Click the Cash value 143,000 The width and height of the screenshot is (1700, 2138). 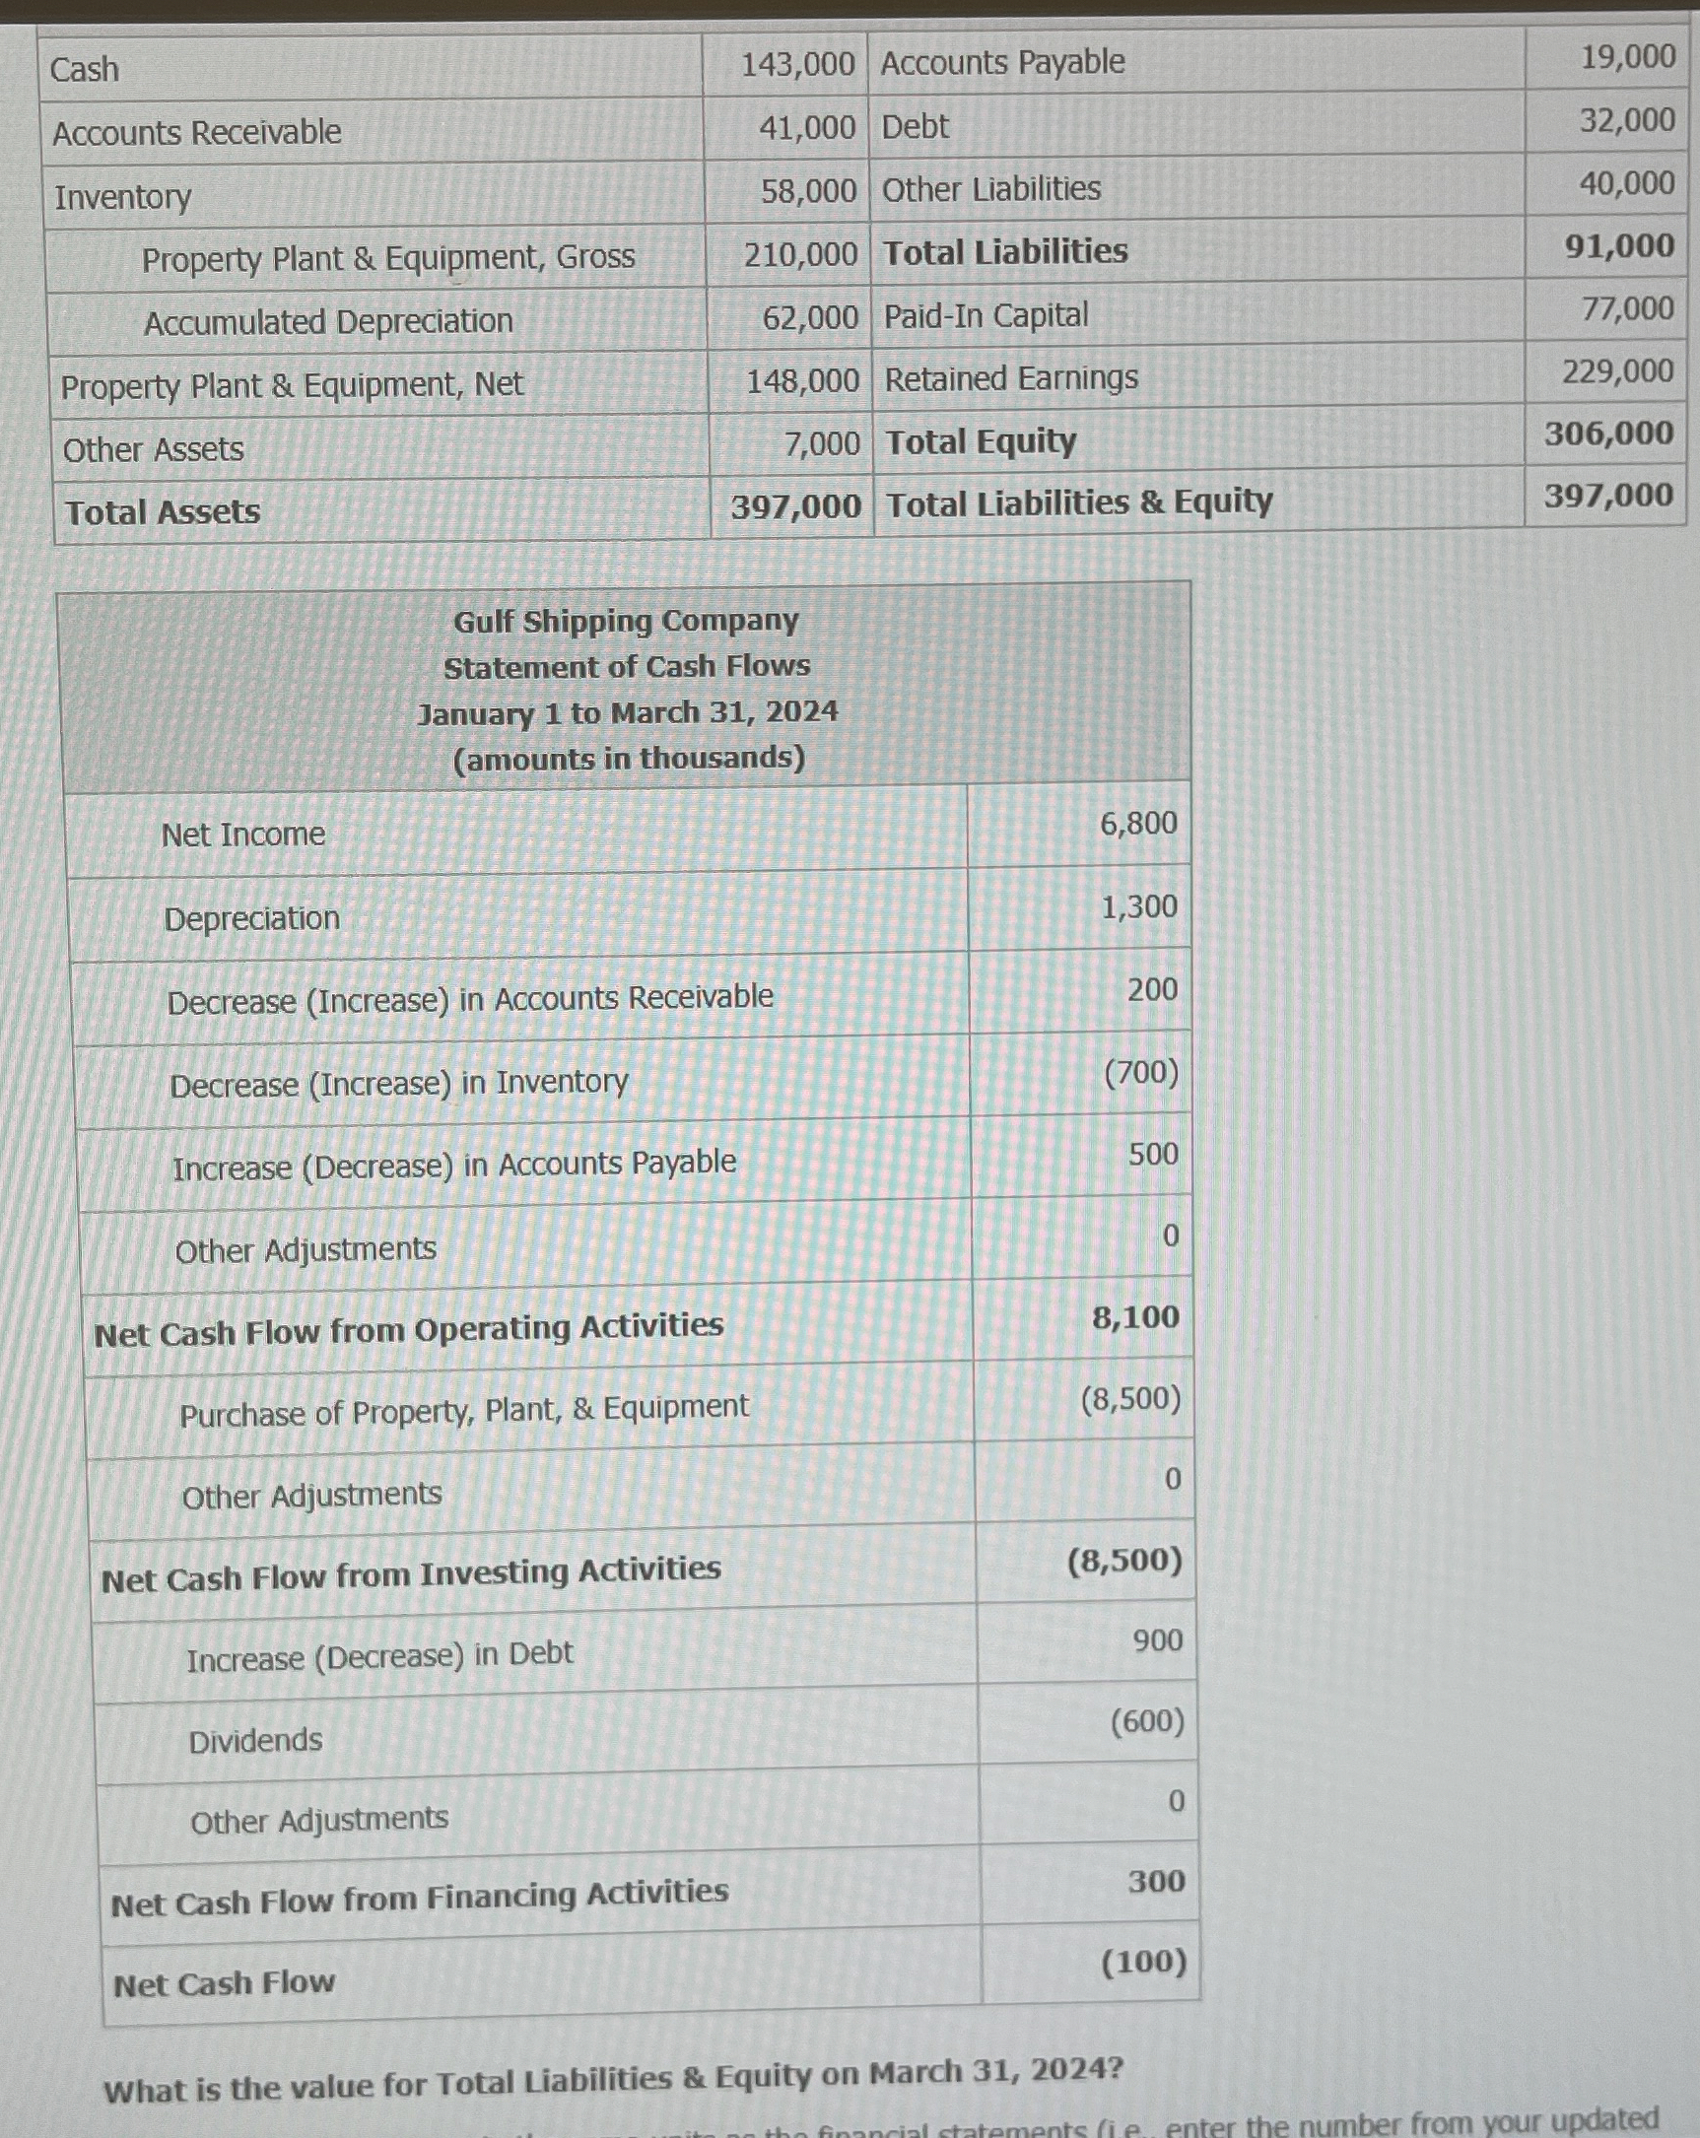click(797, 65)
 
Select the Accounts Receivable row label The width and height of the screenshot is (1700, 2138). click(196, 132)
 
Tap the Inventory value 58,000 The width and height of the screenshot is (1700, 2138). click(808, 190)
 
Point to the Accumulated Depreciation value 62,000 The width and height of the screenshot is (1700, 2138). click(809, 317)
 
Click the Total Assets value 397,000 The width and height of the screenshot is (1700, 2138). click(795, 506)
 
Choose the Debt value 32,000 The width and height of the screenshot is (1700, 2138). click(1627, 120)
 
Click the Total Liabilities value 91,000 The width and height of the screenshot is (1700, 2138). click(1619, 246)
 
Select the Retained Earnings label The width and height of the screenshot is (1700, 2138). click(1011, 377)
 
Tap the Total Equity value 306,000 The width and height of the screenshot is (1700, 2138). click(1607, 433)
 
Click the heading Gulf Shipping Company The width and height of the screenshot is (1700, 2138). click(626, 621)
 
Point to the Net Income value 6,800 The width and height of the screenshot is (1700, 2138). click(1137, 823)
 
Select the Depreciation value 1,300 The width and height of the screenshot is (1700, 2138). click(1138, 906)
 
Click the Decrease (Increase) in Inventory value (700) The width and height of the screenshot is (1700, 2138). click(1140, 1072)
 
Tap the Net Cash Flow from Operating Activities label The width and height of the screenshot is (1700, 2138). click(408, 1329)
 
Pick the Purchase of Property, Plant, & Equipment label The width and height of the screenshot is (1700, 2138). click(463, 1410)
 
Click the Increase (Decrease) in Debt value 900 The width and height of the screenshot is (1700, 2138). click(1157, 1640)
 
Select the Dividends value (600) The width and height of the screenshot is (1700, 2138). click(1146, 1721)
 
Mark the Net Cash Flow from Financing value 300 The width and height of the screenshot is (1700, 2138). click(1156, 1881)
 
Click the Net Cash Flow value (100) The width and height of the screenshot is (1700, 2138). click(1143, 1962)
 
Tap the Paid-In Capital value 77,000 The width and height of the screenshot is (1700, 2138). click(1628, 308)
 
